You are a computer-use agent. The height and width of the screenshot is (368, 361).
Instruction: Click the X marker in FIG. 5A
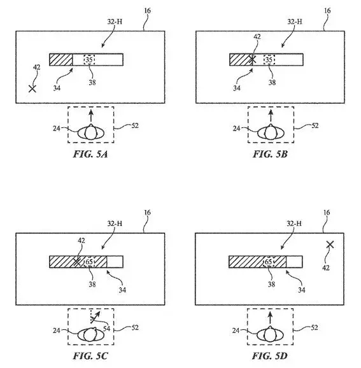tap(32, 88)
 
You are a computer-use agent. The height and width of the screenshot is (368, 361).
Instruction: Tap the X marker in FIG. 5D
tap(330, 244)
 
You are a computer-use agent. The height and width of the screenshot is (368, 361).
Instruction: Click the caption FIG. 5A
tap(90, 154)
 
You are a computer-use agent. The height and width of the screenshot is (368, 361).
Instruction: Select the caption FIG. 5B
tap(270, 154)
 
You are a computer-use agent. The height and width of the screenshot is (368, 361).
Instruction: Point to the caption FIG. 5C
tap(90, 356)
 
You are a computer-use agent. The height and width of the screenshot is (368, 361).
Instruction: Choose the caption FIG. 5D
tap(270, 356)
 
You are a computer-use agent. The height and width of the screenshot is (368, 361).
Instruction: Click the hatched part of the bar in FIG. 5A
tap(60, 60)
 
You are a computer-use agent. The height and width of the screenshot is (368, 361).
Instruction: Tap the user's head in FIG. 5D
tap(270, 334)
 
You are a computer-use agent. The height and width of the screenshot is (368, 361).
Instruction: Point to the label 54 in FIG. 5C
tap(106, 329)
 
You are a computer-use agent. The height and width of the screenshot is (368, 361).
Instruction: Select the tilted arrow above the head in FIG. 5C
tap(96, 316)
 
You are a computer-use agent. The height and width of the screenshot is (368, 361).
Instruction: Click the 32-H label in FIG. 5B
tap(295, 22)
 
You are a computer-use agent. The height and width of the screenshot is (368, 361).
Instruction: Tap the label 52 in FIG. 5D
tap(315, 327)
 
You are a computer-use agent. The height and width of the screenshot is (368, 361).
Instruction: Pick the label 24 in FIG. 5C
tap(56, 330)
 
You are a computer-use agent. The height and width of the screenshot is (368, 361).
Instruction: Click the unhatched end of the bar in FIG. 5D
tap(294, 262)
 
